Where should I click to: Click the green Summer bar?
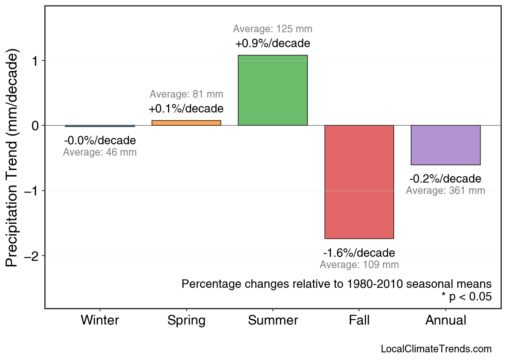273,90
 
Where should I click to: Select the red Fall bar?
359,182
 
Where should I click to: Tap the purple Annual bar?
446,145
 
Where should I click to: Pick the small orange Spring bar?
186,123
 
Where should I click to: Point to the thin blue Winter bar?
100,126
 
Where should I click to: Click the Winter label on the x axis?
100,320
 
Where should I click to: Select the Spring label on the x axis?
186,320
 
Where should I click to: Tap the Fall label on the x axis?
359,320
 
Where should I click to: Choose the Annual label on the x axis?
446,320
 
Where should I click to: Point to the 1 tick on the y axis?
36,61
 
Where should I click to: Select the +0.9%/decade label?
273,43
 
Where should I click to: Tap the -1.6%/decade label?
359,253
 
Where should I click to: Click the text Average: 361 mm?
445,191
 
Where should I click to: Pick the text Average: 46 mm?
100,153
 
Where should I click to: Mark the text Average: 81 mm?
186,94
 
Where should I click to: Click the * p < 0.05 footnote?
466,297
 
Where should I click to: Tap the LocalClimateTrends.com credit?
436,349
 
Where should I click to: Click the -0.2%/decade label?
445,179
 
